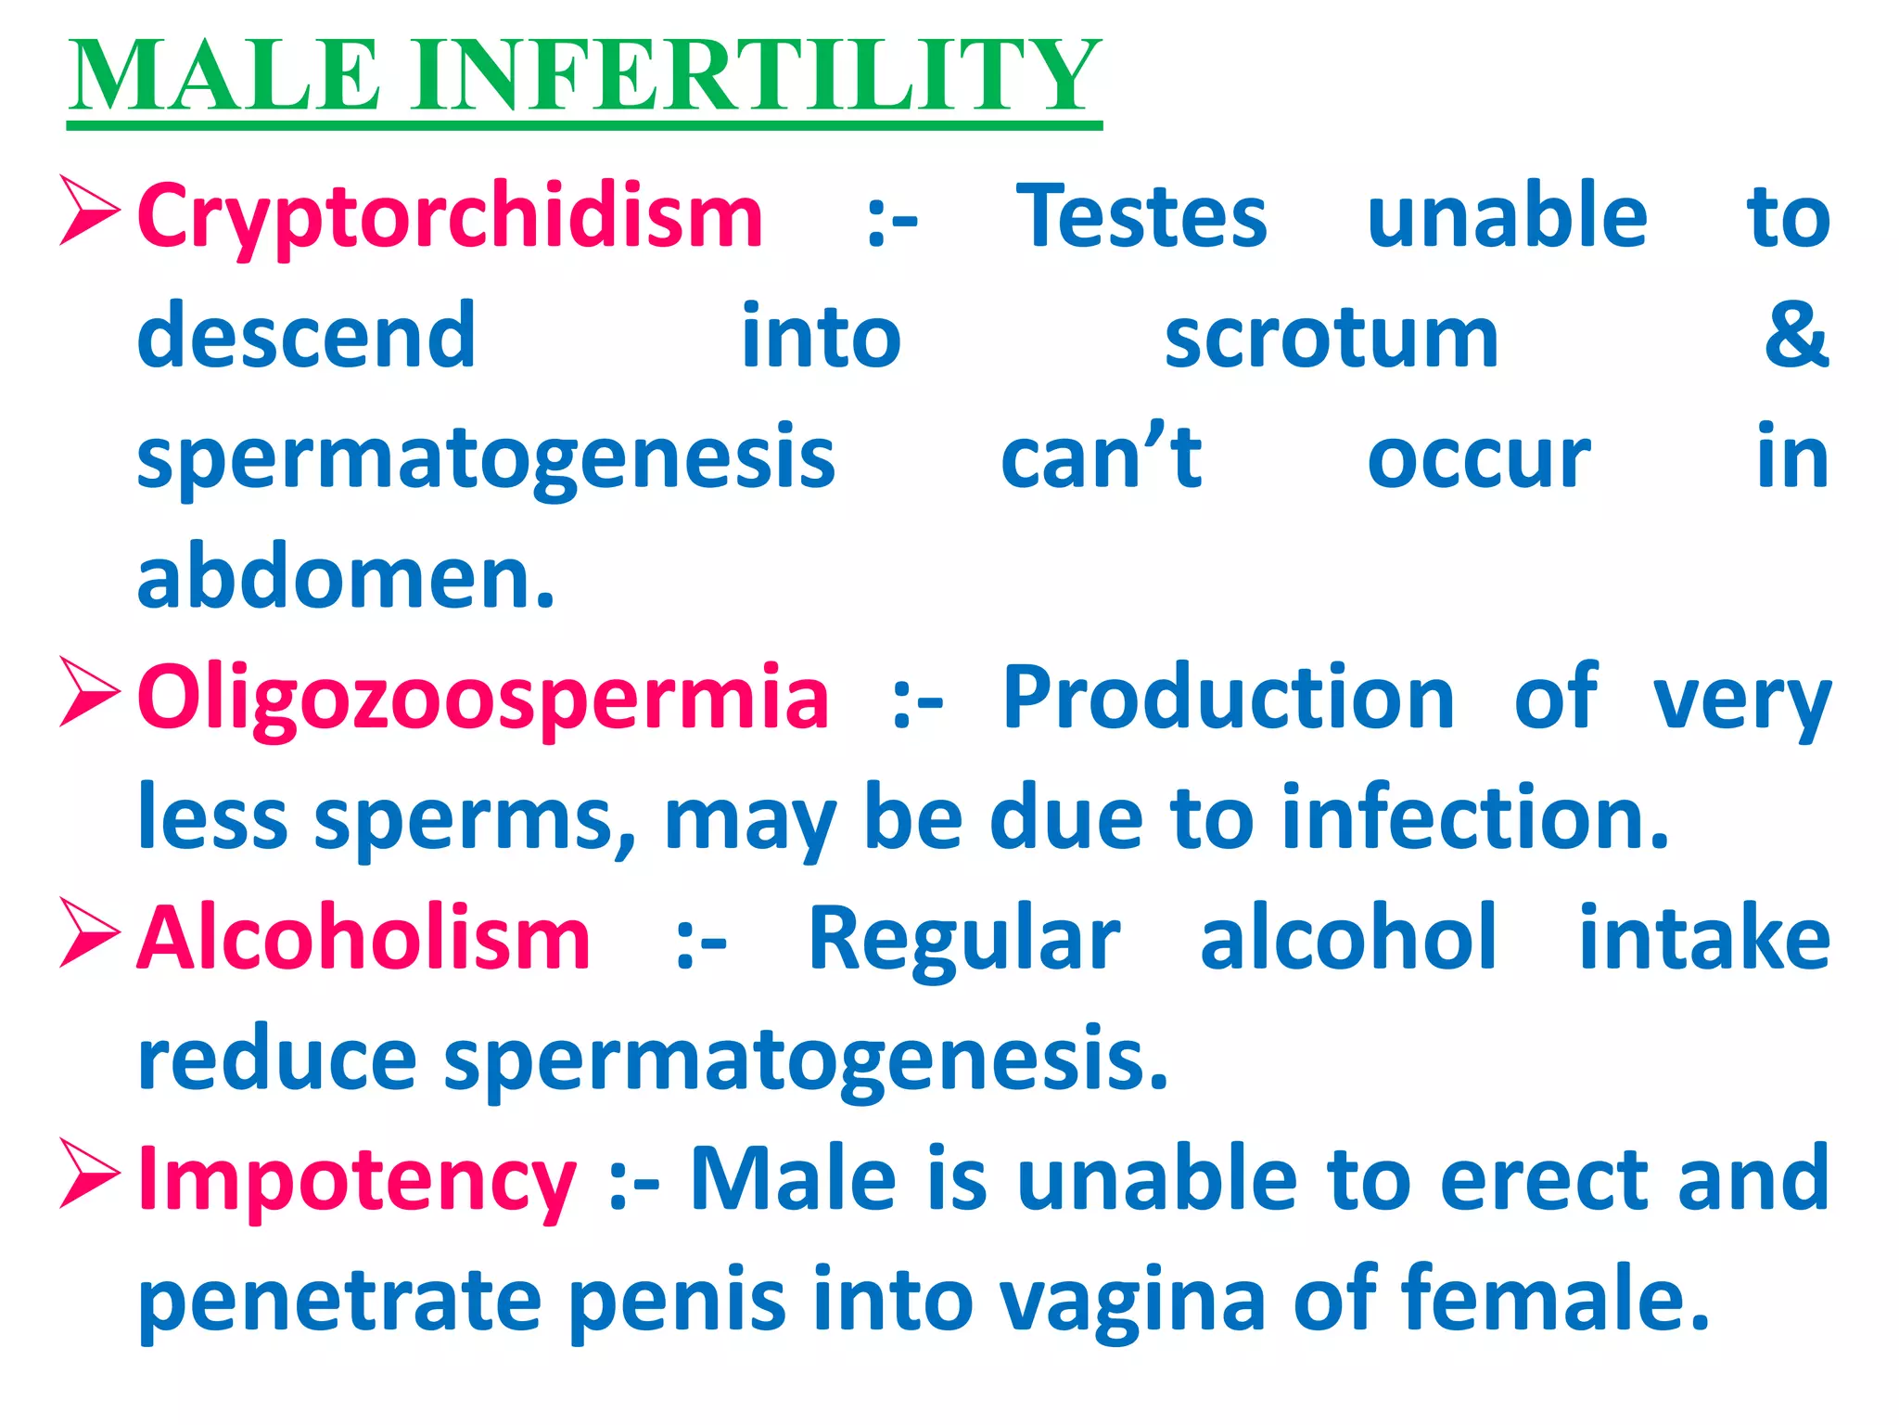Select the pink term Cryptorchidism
[450, 218]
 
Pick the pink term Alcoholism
[363, 939]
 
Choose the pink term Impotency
[357, 1180]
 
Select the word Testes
[1141, 218]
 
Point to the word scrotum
[1331, 339]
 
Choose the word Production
[1229, 698]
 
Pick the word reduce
[276, 1059]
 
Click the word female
[1555, 1299]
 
